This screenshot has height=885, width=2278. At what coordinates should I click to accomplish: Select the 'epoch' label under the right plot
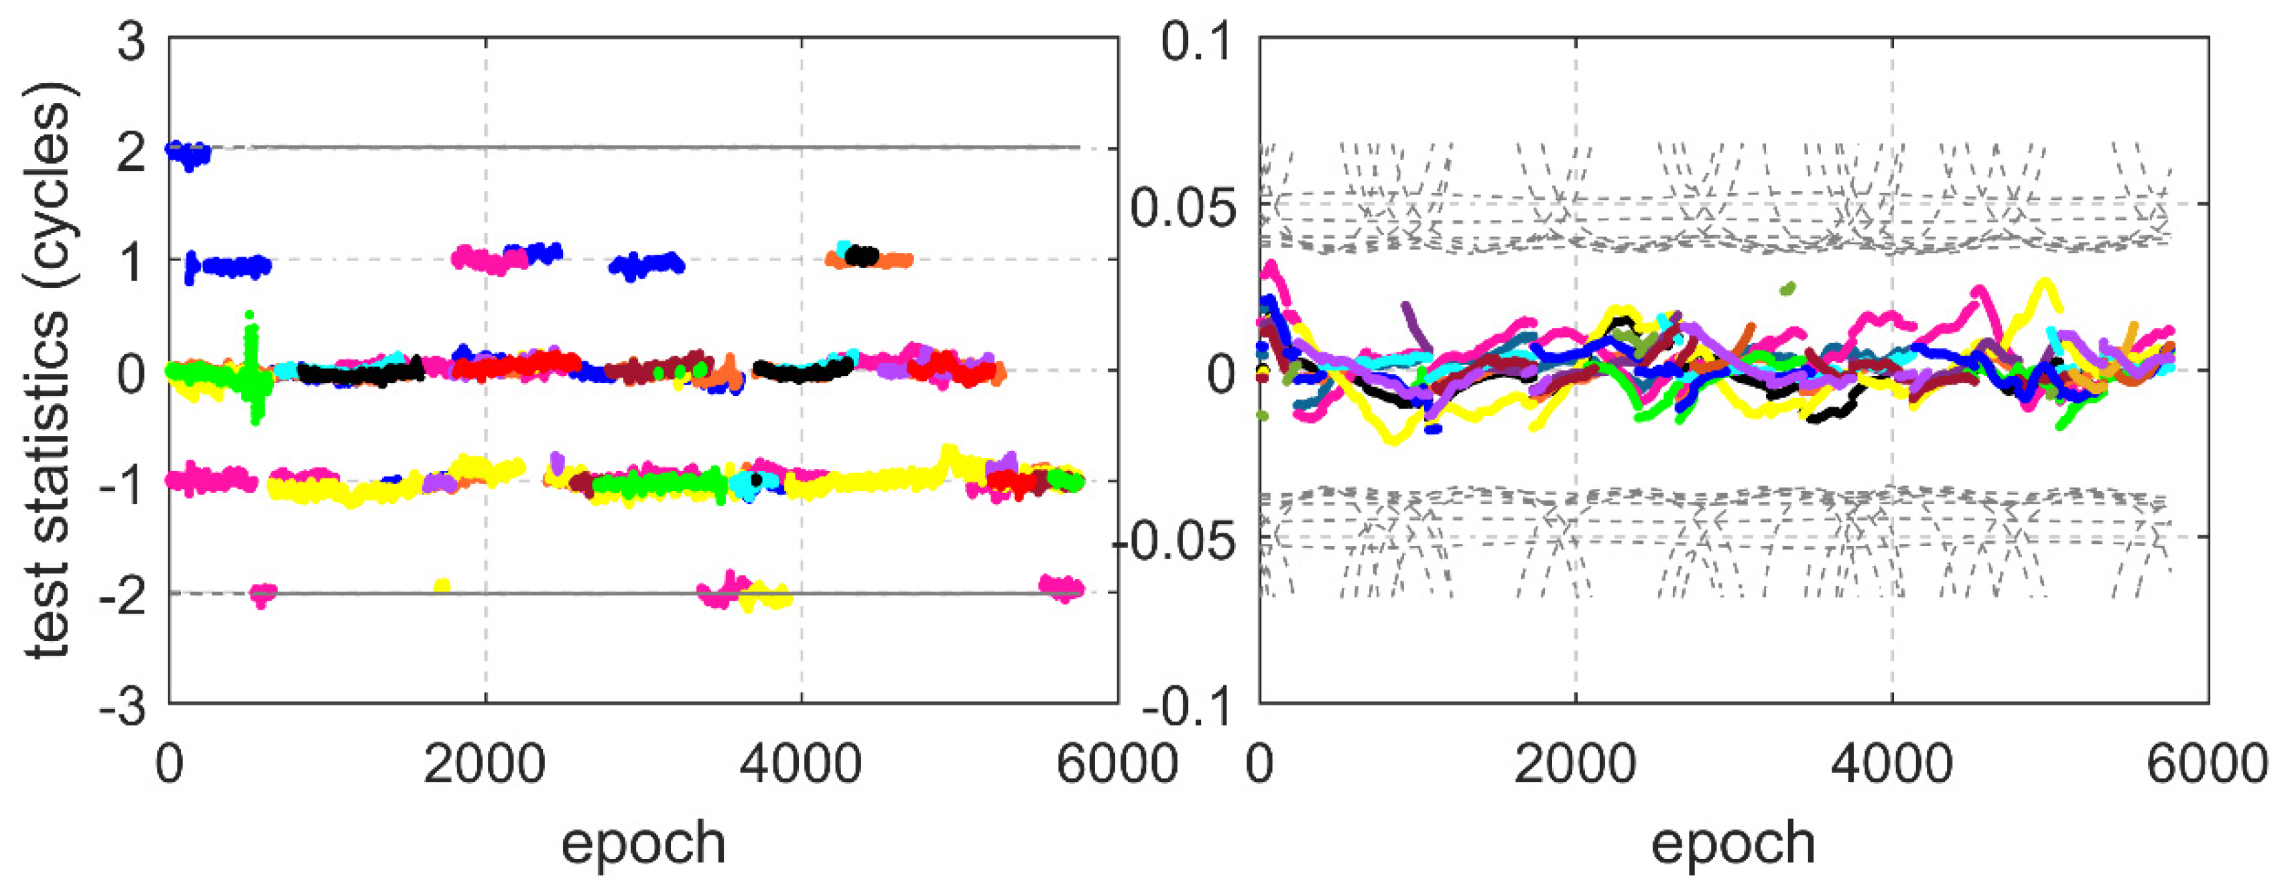coord(1733,843)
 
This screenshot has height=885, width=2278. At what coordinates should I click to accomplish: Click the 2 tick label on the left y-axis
coord(132,152)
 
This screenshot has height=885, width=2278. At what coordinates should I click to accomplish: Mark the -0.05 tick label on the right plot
coord(1172,540)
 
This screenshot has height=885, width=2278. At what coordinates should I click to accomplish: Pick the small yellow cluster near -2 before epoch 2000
coord(442,586)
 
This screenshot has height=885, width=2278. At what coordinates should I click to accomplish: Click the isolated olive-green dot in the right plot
coord(1788,288)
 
